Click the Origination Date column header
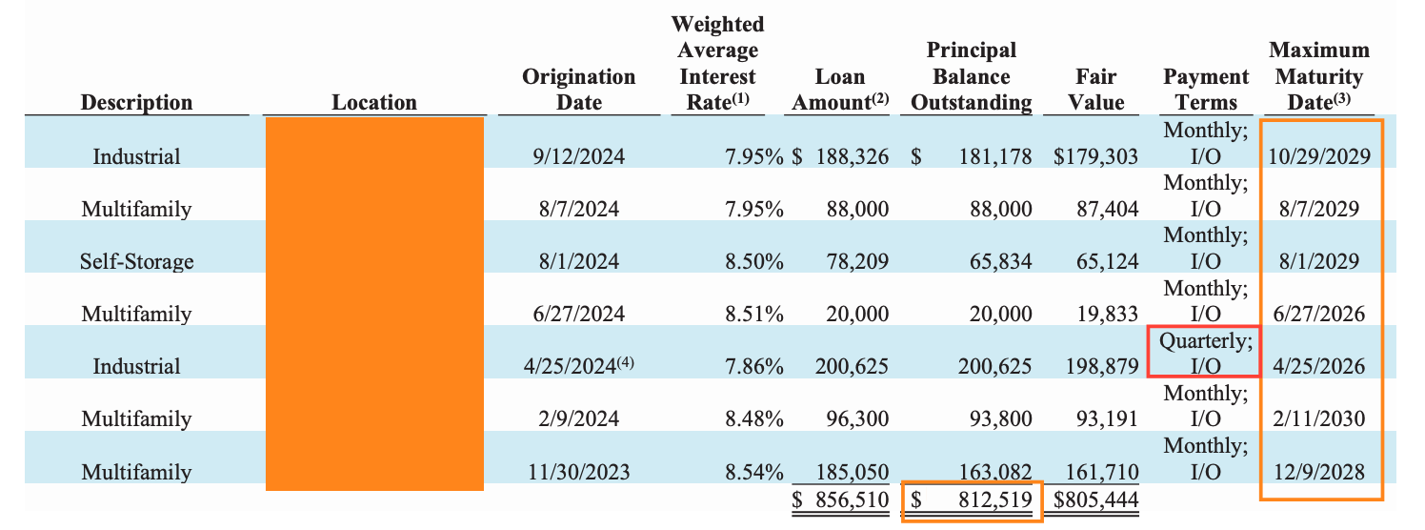(578, 89)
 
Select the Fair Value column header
(1095, 89)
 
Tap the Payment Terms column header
(1206, 89)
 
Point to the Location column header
(373, 102)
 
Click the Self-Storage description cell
(136, 261)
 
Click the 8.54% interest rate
(753, 471)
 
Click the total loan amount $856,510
(840, 499)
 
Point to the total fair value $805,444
(1095, 499)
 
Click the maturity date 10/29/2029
(1319, 156)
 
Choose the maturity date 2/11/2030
(1319, 418)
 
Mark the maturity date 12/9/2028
(1319, 471)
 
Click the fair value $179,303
(1095, 156)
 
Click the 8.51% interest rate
(753, 314)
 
